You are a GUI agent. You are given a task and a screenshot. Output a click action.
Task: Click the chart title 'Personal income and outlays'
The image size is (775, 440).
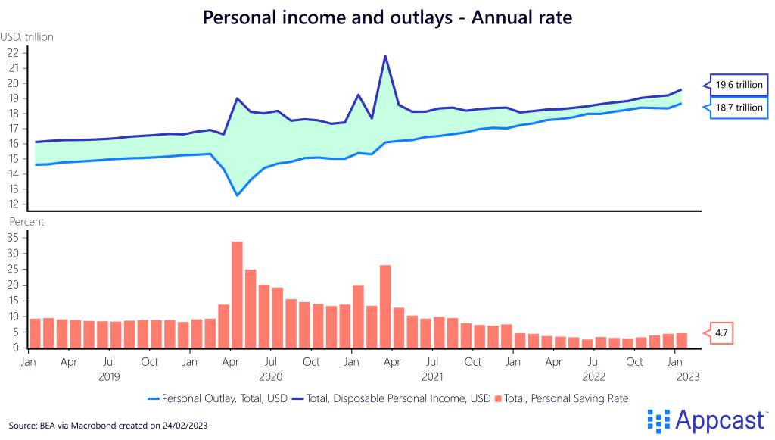click(x=387, y=17)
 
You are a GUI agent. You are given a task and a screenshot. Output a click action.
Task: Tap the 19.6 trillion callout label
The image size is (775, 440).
click(x=739, y=84)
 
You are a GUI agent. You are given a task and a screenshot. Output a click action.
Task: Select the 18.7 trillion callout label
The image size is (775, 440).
click(x=739, y=108)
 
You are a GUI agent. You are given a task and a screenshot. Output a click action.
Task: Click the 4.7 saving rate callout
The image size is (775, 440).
click(x=719, y=332)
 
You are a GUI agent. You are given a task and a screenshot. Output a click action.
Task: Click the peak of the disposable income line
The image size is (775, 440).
click(x=385, y=55)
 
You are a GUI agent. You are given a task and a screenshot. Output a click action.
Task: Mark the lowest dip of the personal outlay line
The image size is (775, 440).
click(x=237, y=195)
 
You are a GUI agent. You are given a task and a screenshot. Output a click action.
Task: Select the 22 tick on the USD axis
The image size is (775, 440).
click(x=13, y=53)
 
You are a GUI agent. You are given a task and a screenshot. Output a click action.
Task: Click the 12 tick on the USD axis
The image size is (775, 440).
click(x=13, y=204)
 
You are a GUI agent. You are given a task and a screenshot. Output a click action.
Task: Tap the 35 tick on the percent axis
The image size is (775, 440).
click(x=13, y=237)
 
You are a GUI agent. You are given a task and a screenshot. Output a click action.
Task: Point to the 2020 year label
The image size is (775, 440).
click(x=270, y=376)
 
